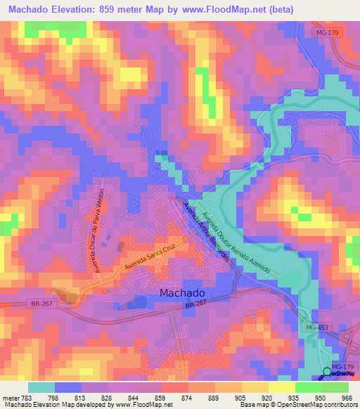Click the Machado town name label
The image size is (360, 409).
(182, 292)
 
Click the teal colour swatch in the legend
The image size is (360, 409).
(41, 387)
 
